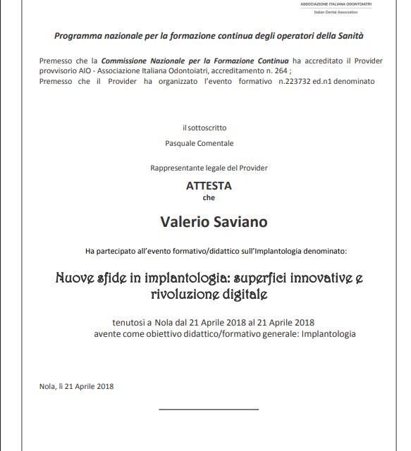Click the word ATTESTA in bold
[208, 186]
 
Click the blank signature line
[209, 409]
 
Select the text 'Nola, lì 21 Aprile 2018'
[77, 385]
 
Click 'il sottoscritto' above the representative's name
[204, 128]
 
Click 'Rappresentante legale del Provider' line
[209, 168]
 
